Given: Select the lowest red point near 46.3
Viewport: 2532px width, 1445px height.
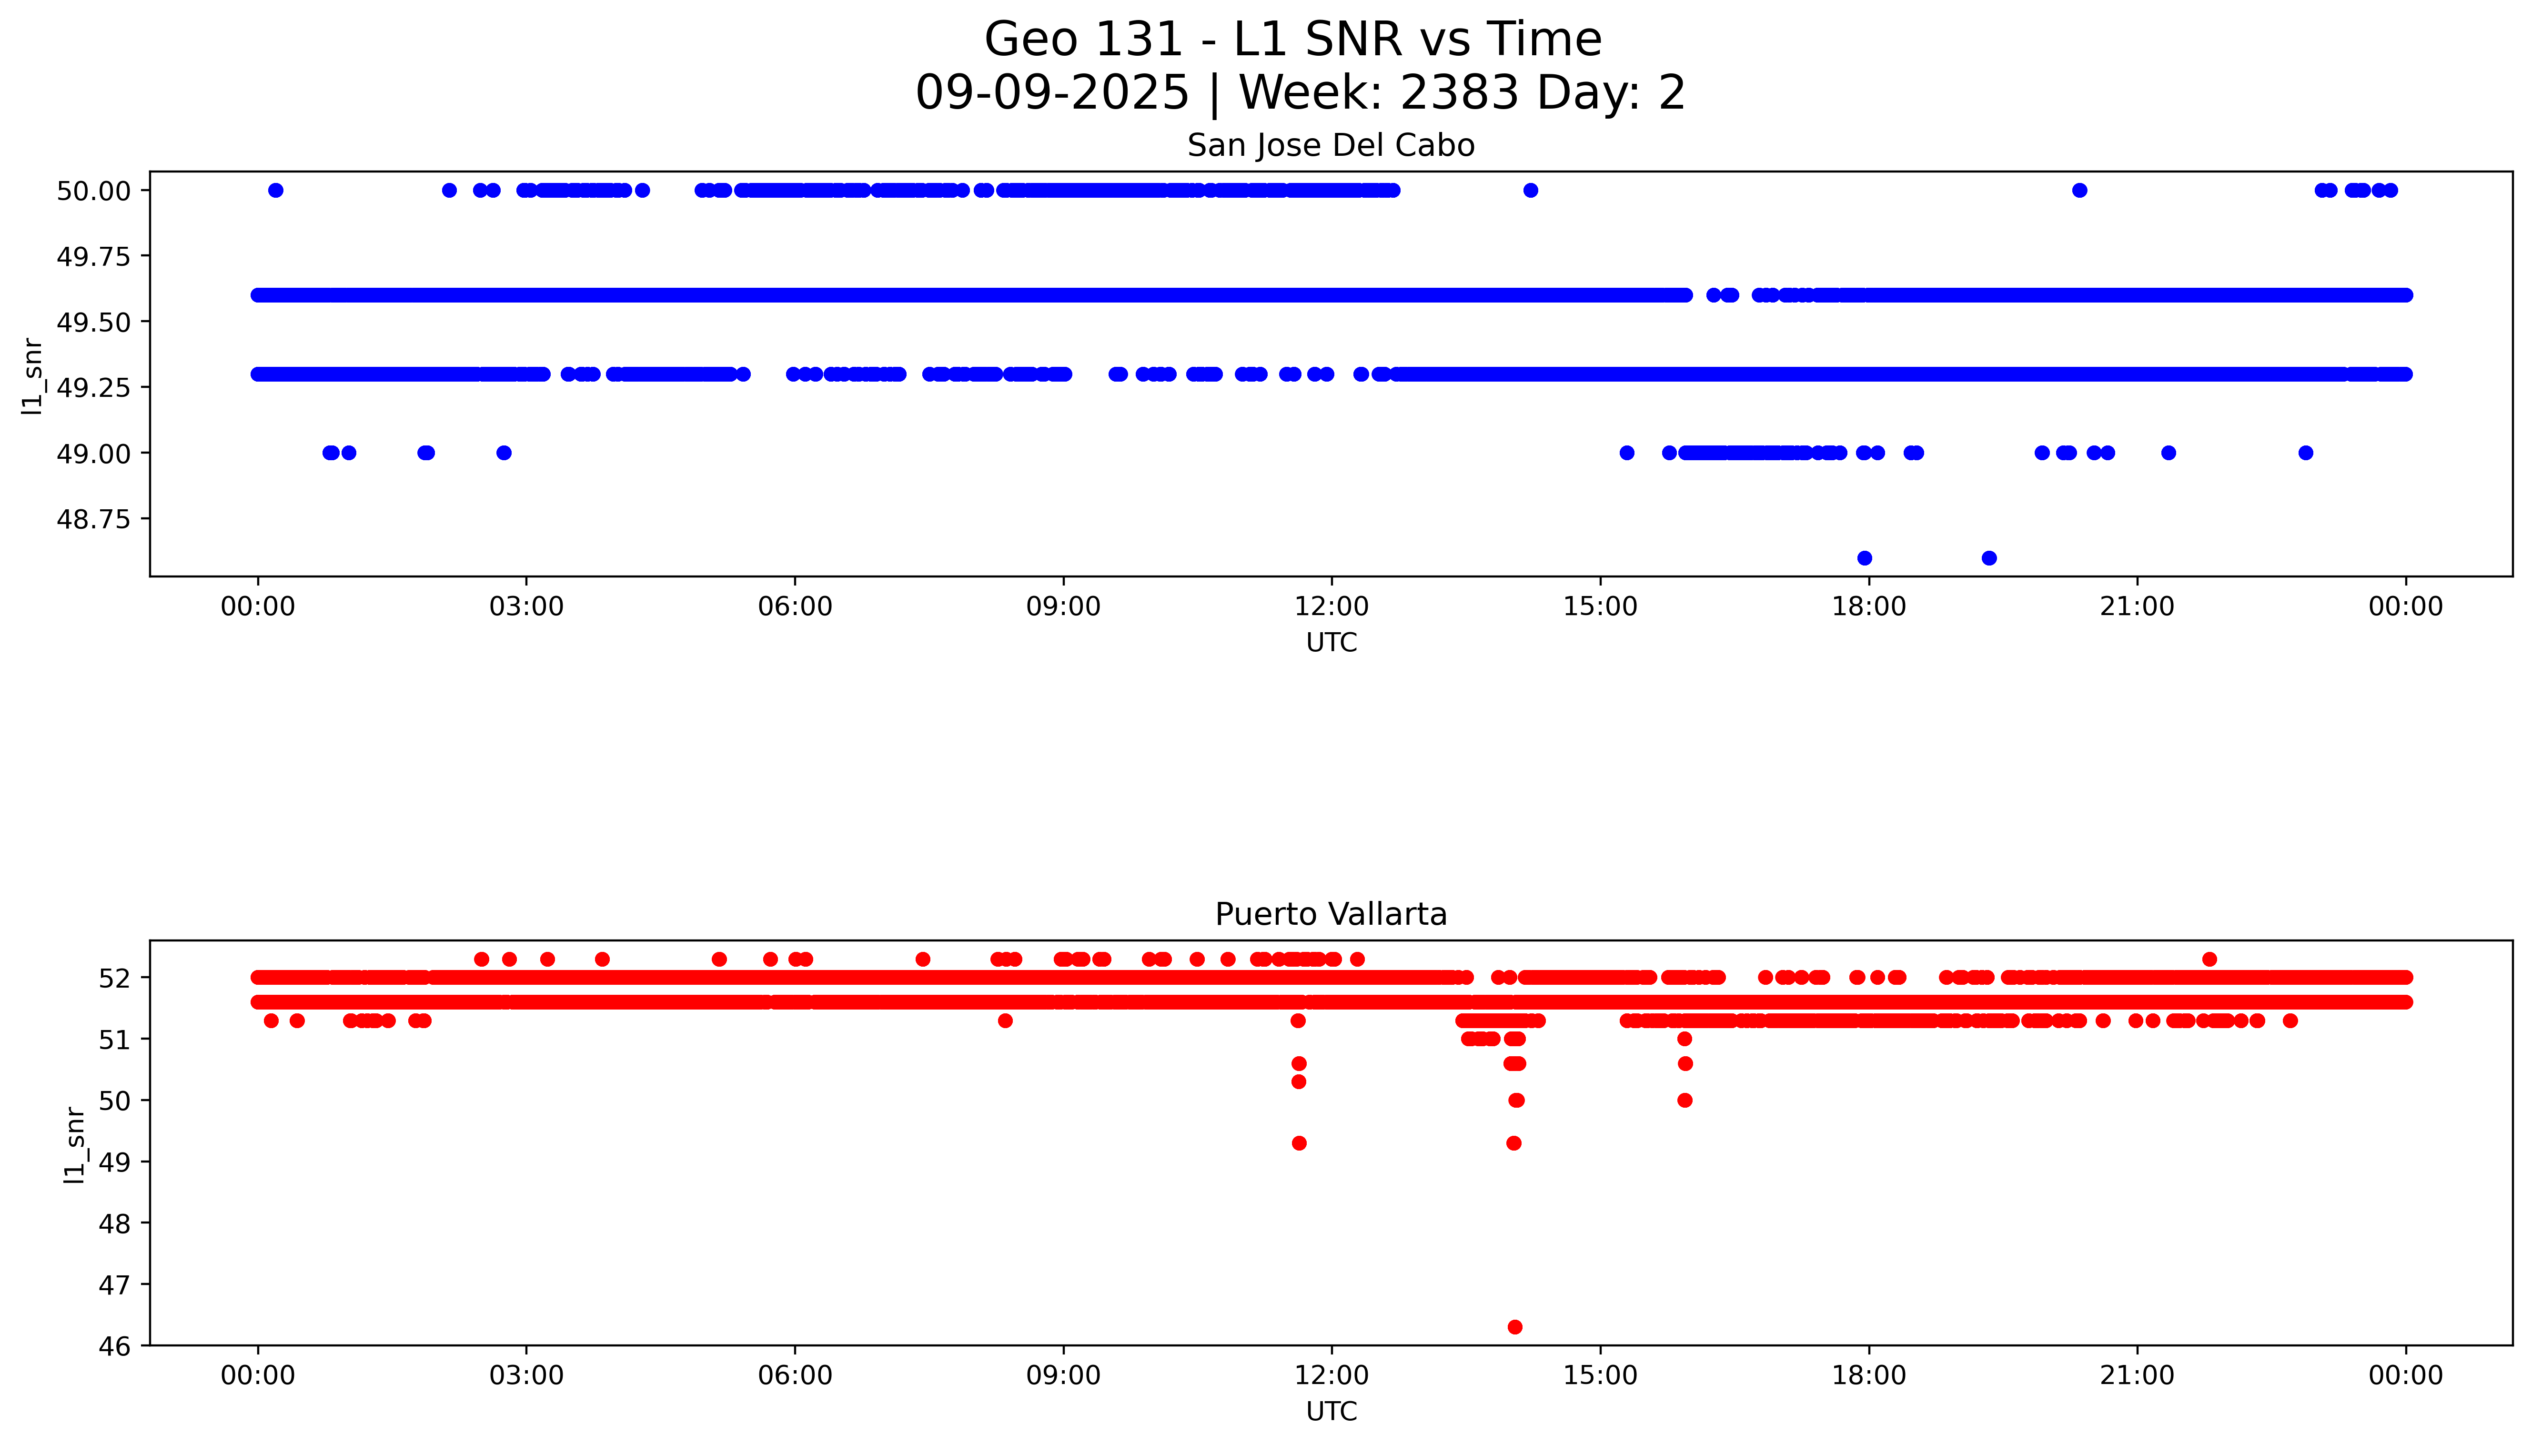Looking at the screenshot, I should click(1514, 1327).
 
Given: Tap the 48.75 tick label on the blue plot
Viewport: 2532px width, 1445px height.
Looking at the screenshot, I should click(93, 519).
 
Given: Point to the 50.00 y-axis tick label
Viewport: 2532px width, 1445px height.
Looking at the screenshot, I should click(93, 191).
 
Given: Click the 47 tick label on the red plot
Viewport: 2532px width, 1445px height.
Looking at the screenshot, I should click(115, 1285).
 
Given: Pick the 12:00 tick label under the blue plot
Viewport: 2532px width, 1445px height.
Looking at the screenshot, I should click(1331, 606).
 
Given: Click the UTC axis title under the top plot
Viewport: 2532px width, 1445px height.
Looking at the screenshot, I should click(1331, 643).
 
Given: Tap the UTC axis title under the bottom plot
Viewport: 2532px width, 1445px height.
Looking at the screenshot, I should click(1331, 1411).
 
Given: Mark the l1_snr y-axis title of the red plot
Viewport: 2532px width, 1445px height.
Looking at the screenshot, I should click(74, 1144).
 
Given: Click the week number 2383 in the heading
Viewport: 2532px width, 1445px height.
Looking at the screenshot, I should click(1460, 93).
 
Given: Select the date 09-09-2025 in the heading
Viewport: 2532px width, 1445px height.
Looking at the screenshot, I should click(1052, 93).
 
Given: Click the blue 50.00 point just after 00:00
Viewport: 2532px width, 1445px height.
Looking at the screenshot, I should click(276, 191).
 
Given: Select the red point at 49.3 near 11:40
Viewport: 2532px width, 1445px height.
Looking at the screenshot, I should click(1299, 1143).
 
